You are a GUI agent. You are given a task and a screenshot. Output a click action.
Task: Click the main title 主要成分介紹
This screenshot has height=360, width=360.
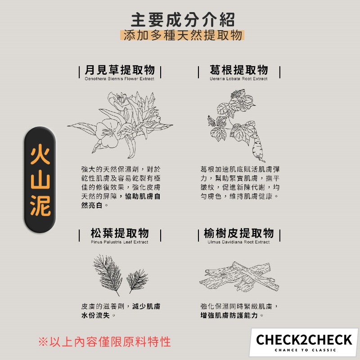183,20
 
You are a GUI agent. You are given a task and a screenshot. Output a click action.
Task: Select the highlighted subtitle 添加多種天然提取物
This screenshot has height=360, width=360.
183,35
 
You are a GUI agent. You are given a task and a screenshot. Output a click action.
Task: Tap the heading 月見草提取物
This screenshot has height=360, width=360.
120,70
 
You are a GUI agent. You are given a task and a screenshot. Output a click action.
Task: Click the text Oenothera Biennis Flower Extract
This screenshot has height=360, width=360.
119,79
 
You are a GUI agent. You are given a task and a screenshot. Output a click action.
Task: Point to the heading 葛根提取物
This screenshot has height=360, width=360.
239,70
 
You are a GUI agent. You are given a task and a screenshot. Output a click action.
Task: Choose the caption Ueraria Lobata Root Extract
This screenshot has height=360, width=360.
238,79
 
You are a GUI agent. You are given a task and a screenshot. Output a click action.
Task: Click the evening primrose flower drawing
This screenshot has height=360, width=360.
120,125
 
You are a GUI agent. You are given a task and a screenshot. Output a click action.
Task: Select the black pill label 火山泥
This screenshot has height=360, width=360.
40,180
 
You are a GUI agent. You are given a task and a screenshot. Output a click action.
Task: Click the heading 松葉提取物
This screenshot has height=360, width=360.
120,233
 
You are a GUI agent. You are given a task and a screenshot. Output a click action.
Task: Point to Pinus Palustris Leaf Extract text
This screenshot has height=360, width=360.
119,242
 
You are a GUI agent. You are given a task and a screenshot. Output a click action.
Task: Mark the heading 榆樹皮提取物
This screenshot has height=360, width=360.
239,233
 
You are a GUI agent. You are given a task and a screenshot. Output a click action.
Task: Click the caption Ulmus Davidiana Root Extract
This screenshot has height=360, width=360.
238,242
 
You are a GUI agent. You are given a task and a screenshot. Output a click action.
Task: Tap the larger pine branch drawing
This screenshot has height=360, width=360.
108,275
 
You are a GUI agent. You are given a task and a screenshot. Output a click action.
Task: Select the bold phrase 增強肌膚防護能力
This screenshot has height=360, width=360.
229,315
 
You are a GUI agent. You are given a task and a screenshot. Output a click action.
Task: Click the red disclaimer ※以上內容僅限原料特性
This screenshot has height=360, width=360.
104,342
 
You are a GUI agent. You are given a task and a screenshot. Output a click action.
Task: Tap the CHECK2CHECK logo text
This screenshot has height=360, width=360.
304,340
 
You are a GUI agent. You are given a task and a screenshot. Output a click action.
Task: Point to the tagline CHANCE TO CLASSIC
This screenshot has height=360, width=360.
306,350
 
